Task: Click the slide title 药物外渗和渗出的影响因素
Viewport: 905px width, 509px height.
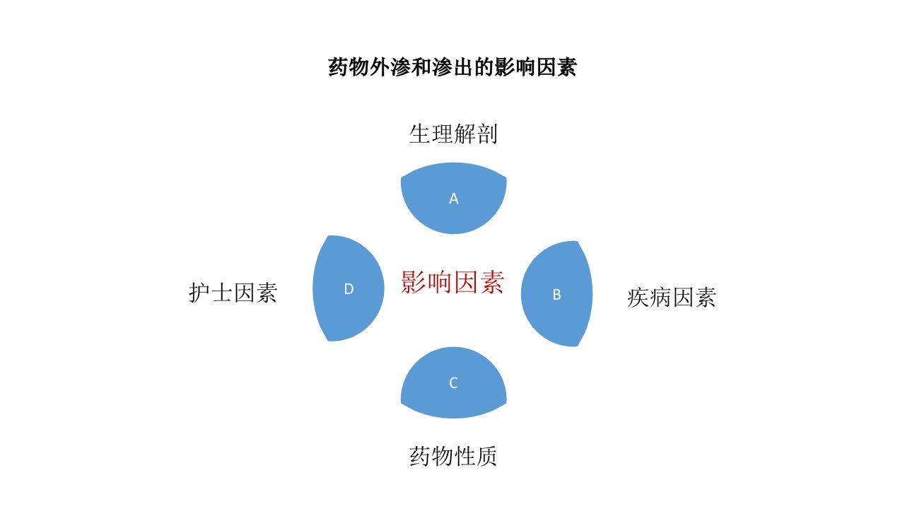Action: click(452, 66)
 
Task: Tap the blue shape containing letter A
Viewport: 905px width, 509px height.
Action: click(453, 198)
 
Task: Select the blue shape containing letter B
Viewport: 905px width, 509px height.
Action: click(556, 293)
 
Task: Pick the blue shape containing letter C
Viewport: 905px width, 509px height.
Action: click(453, 382)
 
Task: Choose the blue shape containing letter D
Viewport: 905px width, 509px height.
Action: click(349, 288)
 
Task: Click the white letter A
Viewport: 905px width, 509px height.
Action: click(454, 199)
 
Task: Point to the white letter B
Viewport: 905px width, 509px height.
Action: click(556, 295)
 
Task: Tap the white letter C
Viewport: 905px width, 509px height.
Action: click(453, 383)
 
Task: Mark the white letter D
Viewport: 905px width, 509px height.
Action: click(349, 289)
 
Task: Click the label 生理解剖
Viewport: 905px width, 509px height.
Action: click(453, 134)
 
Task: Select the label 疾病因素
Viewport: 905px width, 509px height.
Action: click(672, 298)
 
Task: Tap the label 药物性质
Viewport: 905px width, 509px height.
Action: click(453, 457)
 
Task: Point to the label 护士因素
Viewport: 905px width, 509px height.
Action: click(233, 293)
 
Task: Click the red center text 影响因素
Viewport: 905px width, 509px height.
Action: click(452, 282)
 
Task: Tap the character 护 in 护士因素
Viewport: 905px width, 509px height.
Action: click(199, 293)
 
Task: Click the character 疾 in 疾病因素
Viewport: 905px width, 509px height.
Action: click(638, 298)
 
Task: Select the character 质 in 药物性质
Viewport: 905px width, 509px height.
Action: click(487, 457)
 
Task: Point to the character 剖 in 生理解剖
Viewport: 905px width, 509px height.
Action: click(487, 134)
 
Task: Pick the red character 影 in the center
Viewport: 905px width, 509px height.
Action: click(413, 282)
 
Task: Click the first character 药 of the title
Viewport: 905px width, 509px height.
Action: click(338, 66)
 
